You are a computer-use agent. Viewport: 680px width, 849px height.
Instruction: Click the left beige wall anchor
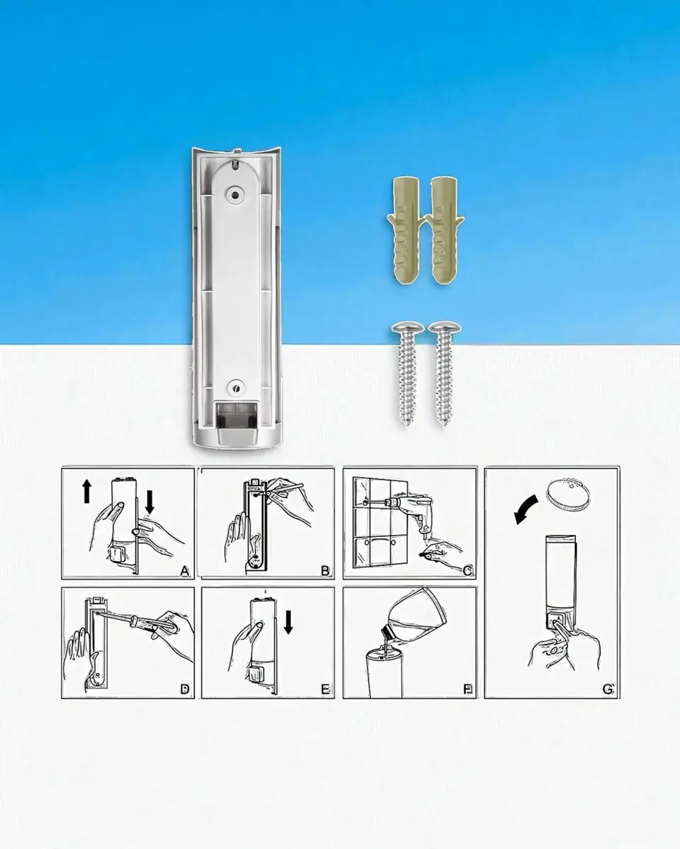(x=406, y=231)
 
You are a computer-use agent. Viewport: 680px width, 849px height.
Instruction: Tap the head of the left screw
(x=407, y=327)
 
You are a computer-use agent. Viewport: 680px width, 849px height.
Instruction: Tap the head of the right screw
(x=445, y=327)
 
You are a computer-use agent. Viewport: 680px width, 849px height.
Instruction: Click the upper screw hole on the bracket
(x=235, y=195)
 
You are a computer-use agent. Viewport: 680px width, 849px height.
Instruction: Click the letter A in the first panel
(x=184, y=571)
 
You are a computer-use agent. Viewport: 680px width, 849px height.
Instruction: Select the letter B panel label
(x=325, y=571)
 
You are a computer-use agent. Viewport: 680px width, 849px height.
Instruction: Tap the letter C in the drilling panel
(x=467, y=571)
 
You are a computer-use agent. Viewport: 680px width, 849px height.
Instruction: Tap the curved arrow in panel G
(x=526, y=509)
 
